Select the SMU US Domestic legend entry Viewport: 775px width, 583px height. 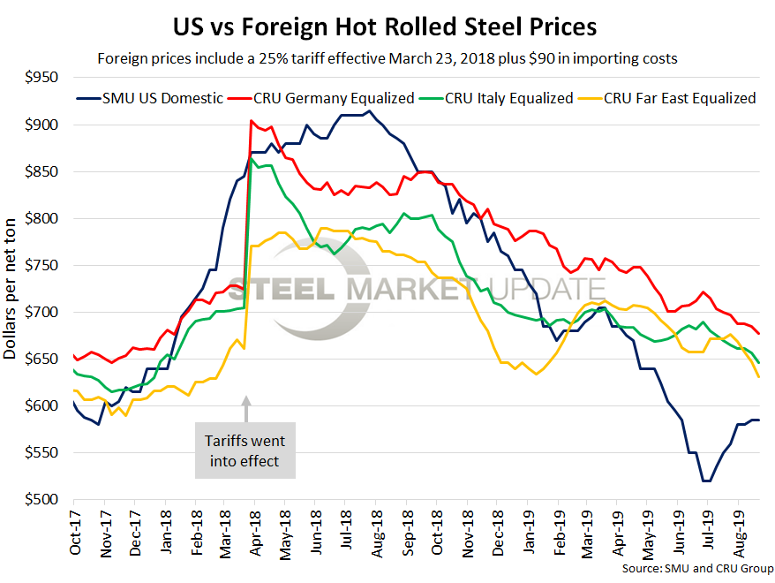coord(150,98)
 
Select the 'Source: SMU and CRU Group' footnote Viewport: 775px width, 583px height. coord(696,568)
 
